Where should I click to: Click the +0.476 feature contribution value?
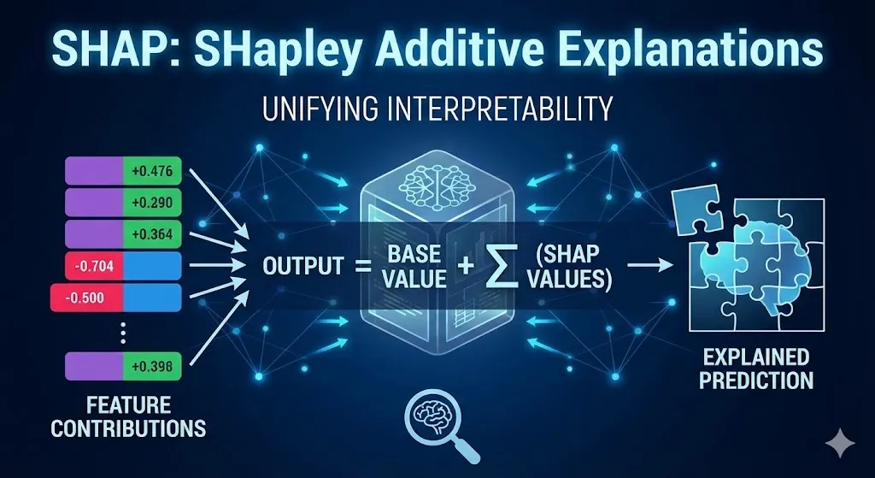click(152, 171)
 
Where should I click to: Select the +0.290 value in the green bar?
click(152, 203)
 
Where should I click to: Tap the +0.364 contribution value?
click(152, 234)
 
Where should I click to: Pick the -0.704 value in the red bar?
click(93, 266)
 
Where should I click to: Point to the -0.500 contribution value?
click(85, 298)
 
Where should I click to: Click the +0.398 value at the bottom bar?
click(152, 366)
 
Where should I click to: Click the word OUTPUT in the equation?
click(303, 266)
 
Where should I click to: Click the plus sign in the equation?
click(466, 266)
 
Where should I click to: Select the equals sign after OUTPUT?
click(363, 267)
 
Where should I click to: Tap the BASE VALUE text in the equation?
click(414, 266)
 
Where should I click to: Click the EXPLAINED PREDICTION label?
click(755, 369)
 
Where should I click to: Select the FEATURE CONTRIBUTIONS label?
click(128, 416)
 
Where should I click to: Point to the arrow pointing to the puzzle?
click(650, 265)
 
